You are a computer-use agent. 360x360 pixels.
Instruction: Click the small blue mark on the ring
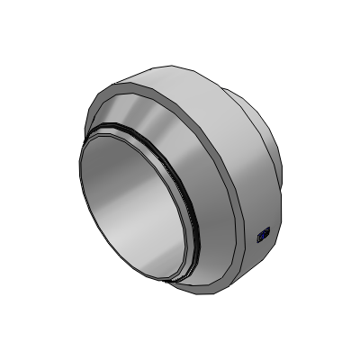[x=263, y=236]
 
